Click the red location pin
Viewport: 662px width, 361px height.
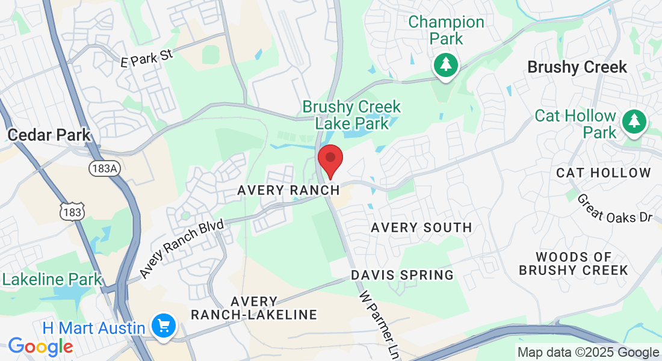pyautogui.click(x=330, y=159)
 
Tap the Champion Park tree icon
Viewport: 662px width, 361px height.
pyautogui.click(x=445, y=64)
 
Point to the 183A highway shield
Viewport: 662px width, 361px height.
pyautogui.click(x=104, y=168)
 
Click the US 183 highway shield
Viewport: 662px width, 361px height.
pyautogui.click(x=72, y=211)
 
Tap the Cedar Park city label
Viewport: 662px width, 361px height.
pyautogui.click(x=49, y=134)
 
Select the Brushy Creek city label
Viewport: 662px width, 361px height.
pyautogui.click(x=577, y=67)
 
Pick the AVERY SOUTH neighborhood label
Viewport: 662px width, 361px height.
pyautogui.click(x=421, y=227)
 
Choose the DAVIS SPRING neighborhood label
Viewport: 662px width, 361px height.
pyautogui.click(x=402, y=275)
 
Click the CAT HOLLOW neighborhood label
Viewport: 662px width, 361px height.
pyautogui.click(x=604, y=173)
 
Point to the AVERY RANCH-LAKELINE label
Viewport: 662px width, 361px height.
pyautogui.click(x=254, y=308)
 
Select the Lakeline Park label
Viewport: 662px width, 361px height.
pyautogui.click(x=52, y=280)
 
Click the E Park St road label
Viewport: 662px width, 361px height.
pyautogui.click(x=147, y=58)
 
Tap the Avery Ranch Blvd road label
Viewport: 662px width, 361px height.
pyautogui.click(x=182, y=249)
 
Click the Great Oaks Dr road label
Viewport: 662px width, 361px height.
pyautogui.click(x=614, y=208)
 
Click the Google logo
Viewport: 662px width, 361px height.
pyautogui.click(x=40, y=347)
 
